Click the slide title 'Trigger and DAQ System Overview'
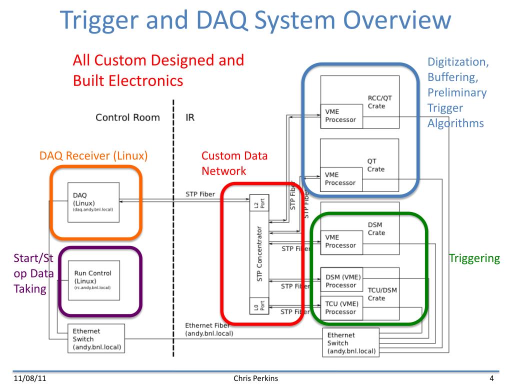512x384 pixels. (255, 21)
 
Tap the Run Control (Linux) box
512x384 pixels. (93, 280)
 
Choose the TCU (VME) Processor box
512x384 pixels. (341, 307)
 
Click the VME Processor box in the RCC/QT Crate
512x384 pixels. (341, 115)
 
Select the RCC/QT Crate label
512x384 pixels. (376, 102)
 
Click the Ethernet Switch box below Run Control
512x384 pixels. (96, 338)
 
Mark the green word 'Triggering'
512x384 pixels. (474, 258)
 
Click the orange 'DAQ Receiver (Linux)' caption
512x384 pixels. (93, 156)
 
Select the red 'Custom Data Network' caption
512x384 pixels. (234, 163)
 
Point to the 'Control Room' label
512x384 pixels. (127, 118)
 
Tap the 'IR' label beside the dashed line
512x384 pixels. (190, 118)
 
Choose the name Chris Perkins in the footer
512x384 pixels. (255, 378)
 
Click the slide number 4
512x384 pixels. (492, 378)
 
